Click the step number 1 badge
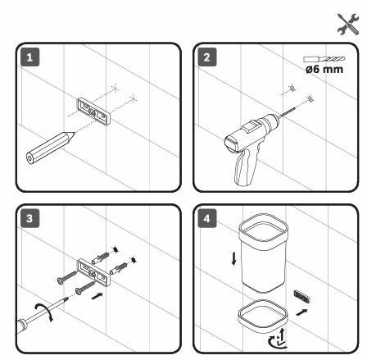pos(29,57)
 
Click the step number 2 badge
pos(207,57)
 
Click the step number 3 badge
pos(29,218)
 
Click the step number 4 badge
pos(207,218)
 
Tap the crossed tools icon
pos(348,24)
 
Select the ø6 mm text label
pos(324,69)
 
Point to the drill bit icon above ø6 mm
pos(324,59)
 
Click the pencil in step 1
pos(50,148)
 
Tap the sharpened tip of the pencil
pos(75,133)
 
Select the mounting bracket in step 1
pos(93,112)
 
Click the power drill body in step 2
pos(251,132)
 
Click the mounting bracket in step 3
pos(93,272)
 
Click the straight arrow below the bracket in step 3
pos(97,296)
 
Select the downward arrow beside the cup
pos(233,259)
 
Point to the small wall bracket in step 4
pos(302,297)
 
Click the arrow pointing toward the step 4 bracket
pos(301,312)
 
